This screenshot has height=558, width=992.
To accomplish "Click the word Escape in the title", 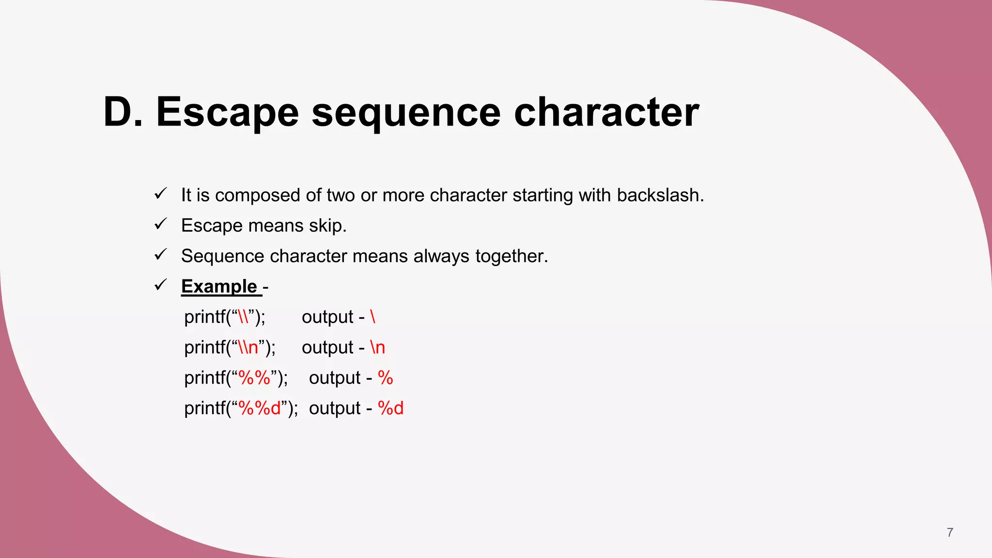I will pos(227,112).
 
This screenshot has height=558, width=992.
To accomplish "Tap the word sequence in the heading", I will pos(406,112).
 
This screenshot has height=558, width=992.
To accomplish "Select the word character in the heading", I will pos(606,112).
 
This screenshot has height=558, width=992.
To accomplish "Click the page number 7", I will pos(949,532).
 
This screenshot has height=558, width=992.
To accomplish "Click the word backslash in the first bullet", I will pos(660,195).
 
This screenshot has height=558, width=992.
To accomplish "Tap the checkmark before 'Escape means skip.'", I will pos(160,224).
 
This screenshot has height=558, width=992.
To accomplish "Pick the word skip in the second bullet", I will pos(327,226).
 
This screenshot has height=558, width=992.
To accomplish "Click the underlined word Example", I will pos(219,286).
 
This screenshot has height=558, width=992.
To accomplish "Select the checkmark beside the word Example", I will pos(160,285).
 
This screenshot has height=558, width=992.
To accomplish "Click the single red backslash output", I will pos(372,317).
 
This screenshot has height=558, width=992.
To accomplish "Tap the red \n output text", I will pos(377,347).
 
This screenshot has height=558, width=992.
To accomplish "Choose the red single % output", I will pos(385,378).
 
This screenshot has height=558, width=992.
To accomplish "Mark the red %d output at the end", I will pos(390,408).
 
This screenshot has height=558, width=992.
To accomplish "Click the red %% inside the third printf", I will pos(254,378).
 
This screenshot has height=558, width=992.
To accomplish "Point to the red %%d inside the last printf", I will pos(260,408).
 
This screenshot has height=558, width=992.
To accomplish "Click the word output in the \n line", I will pos(327,347).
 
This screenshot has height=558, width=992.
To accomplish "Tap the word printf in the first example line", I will pos(205,317).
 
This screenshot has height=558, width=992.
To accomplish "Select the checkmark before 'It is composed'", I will pos(160,194).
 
